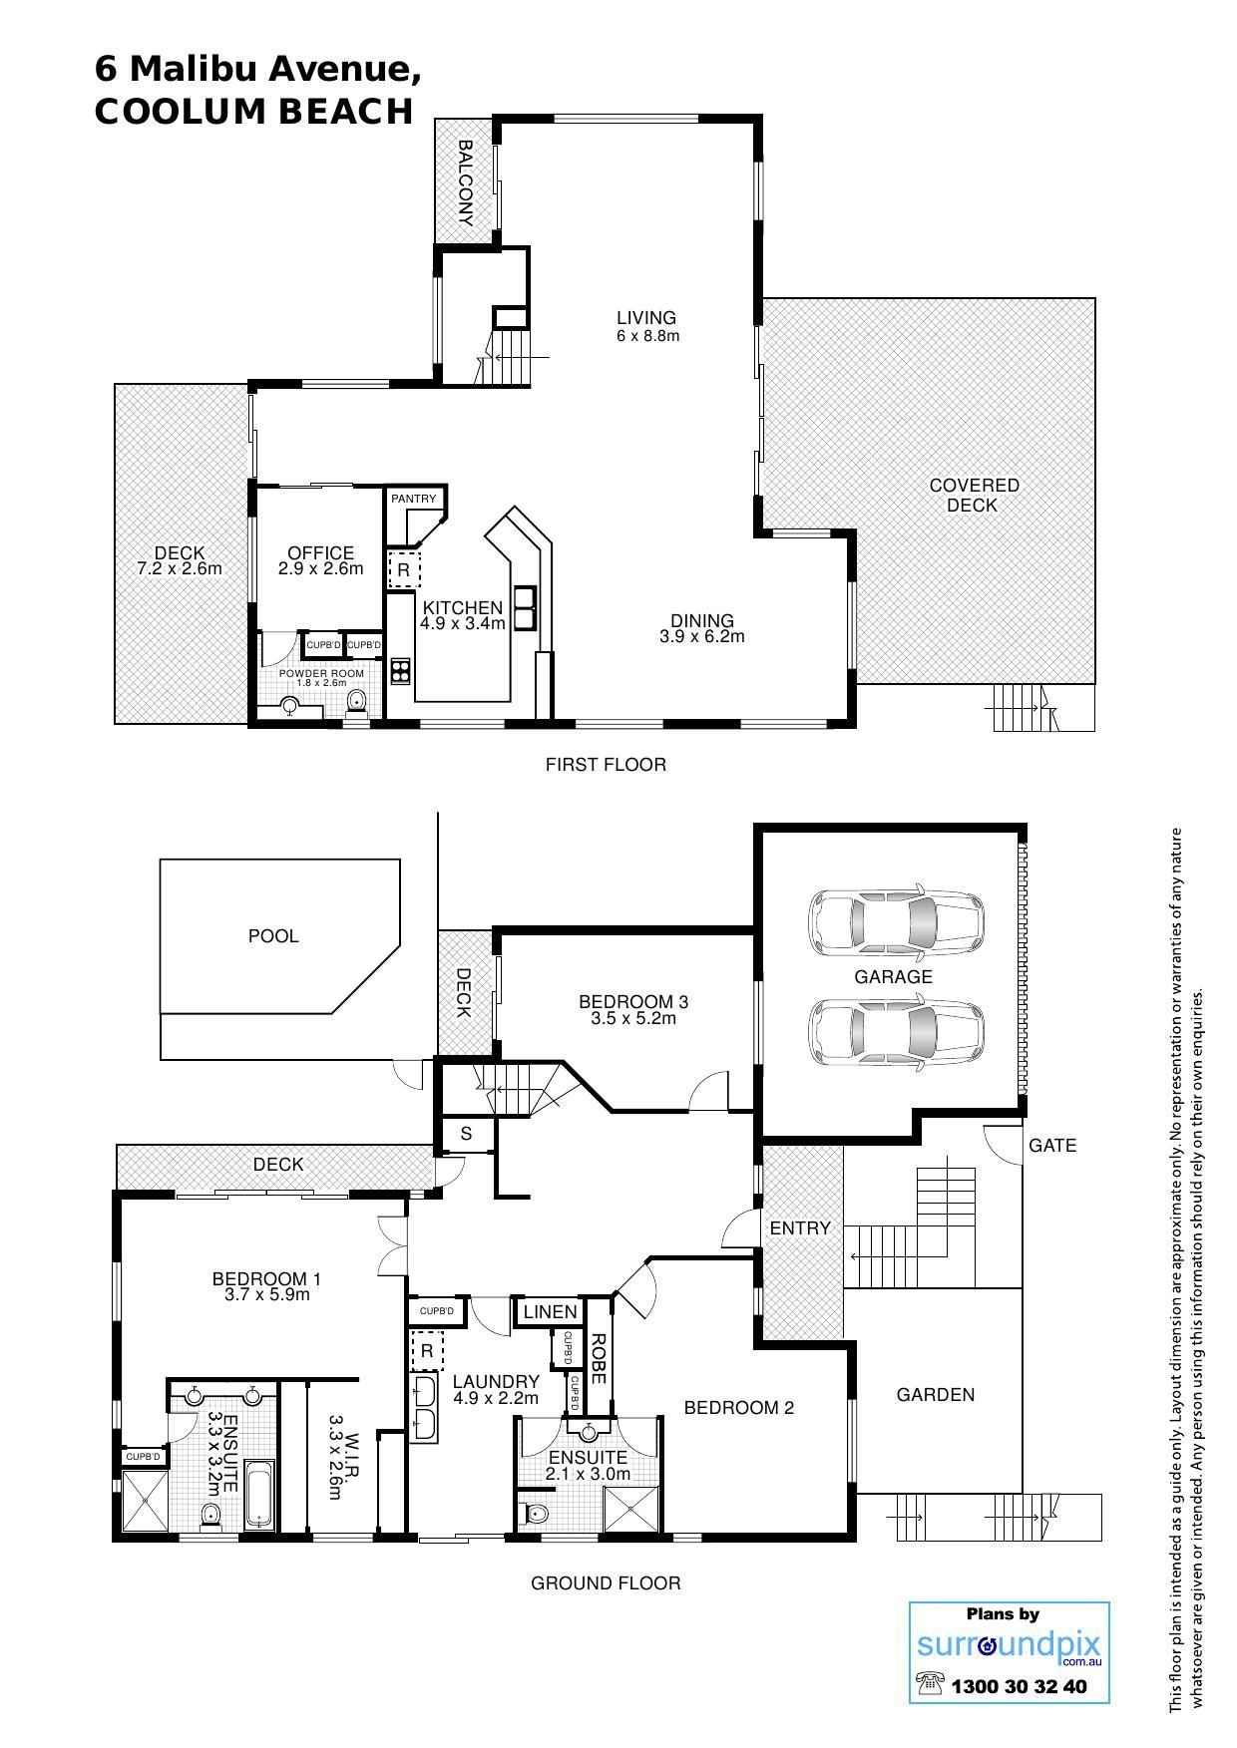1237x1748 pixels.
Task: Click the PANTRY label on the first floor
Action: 413,499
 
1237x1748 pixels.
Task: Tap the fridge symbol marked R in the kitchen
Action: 403,570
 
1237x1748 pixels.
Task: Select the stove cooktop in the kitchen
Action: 401,671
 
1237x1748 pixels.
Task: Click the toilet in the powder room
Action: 357,705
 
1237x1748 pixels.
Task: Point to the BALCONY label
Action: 465,183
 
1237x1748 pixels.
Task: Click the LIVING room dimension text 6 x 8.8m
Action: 647,336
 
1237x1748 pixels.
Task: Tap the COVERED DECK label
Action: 974,496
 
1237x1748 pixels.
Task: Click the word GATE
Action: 1052,1146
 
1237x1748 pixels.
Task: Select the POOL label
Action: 273,936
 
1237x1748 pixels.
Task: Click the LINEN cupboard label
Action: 550,1312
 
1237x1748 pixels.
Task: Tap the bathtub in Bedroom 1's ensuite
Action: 259,1496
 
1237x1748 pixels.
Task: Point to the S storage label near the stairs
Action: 466,1135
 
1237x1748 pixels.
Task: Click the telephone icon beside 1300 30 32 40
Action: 930,1684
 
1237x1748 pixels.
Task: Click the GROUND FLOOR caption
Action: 606,1583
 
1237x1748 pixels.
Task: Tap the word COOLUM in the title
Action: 180,112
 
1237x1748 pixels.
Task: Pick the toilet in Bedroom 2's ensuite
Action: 537,1515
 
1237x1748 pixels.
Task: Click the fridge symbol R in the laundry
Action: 427,1352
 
